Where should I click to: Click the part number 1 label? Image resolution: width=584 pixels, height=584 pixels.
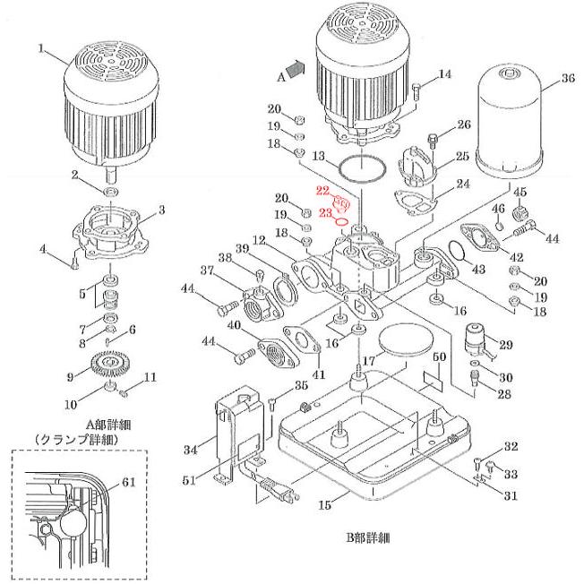tap(40, 49)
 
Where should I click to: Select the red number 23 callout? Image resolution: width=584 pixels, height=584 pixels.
tap(324, 213)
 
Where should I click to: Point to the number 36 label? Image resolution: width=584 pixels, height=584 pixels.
tap(566, 79)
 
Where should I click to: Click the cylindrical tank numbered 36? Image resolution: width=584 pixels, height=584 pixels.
tap(509, 121)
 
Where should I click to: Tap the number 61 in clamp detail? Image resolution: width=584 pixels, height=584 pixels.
tap(128, 481)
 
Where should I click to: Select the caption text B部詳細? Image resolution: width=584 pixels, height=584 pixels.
tap(362, 538)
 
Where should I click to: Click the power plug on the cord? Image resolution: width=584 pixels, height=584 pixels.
tap(277, 492)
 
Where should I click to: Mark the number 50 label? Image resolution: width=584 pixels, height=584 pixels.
tap(439, 358)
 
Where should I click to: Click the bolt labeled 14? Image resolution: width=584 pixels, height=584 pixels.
tap(420, 89)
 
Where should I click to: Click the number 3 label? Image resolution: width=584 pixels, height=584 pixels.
tap(162, 210)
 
